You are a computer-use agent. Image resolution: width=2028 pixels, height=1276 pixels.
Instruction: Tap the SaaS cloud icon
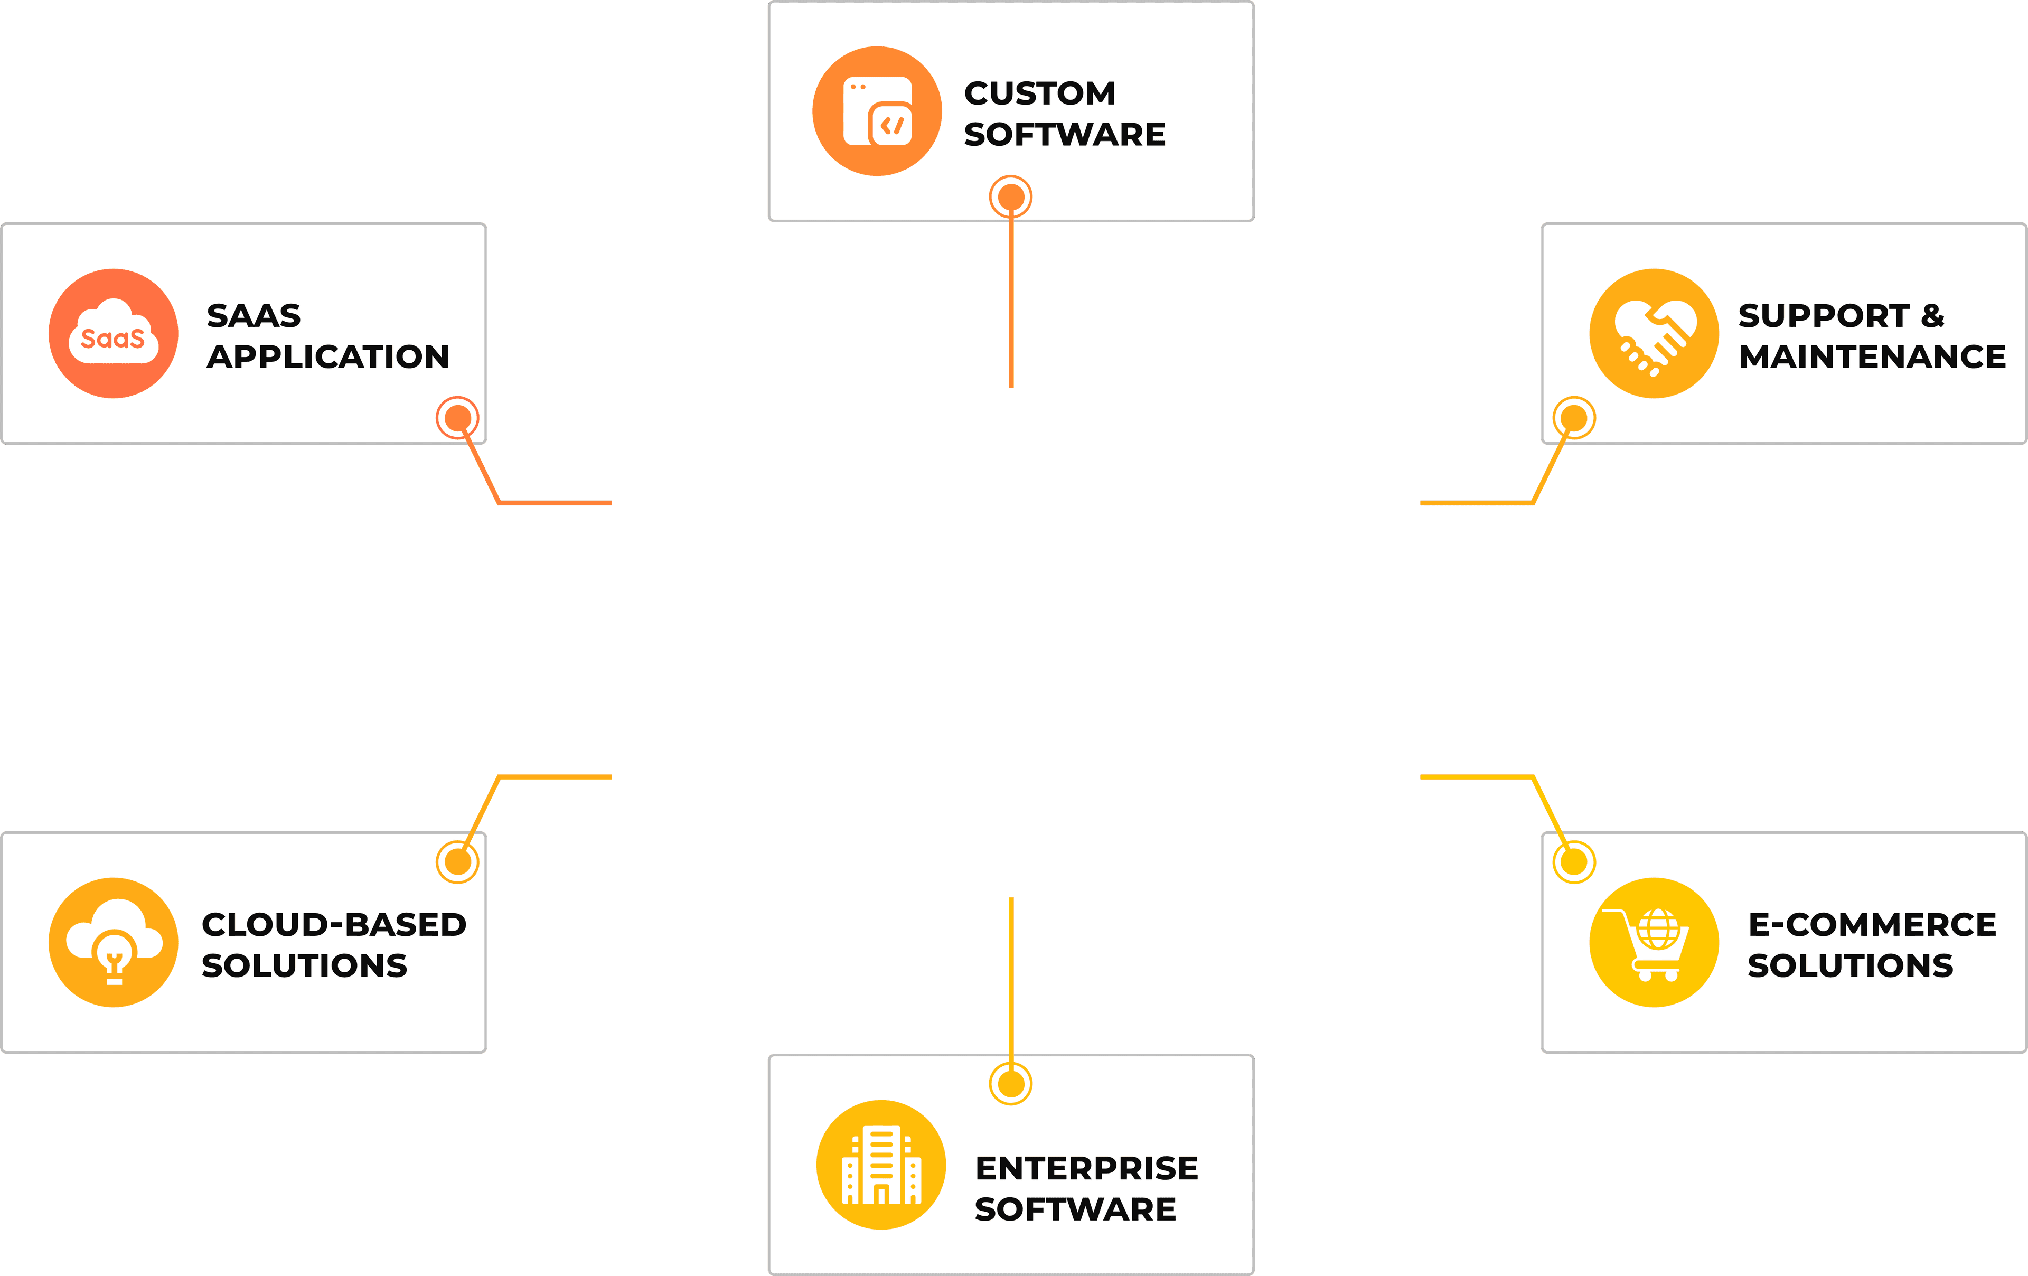[x=114, y=334]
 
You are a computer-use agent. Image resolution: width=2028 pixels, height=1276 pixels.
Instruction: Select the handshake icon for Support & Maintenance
[x=1654, y=334]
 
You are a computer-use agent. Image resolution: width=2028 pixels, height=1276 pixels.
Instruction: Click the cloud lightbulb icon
[x=114, y=942]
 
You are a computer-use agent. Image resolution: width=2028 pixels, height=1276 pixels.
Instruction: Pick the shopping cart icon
[x=1654, y=942]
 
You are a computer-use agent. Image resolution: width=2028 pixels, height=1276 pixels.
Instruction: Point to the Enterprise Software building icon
[x=881, y=1165]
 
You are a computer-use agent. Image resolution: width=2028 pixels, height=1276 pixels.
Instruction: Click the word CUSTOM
[x=1040, y=93]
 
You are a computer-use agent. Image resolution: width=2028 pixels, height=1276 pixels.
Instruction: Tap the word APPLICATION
[x=328, y=357]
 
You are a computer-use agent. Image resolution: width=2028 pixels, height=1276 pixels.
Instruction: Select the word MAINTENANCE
[x=1872, y=357]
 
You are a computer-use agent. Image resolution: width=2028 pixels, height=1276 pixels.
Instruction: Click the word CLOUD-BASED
[x=334, y=925]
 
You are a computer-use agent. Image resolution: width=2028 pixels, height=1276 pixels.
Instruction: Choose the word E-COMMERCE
[x=1872, y=925]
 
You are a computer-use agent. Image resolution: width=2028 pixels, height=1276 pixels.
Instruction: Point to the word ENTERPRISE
[x=1086, y=1168]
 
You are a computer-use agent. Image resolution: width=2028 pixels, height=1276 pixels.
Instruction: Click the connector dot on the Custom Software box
[x=1011, y=197]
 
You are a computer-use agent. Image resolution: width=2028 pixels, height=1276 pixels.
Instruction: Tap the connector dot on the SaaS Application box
[x=457, y=418]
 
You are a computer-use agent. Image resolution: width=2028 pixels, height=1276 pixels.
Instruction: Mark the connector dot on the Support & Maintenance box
[x=1574, y=418]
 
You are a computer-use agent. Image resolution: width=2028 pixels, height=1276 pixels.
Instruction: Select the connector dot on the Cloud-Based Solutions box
[x=457, y=861]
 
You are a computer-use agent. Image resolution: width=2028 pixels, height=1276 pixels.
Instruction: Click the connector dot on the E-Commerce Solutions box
[x=1574, y=861]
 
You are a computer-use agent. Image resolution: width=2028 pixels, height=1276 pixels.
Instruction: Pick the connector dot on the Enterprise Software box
[x=1011, y=1084]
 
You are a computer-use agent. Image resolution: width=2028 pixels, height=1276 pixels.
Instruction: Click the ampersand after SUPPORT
[x=1933, y=316]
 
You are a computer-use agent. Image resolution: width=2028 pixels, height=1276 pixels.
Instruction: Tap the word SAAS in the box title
[x=253, y=316]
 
